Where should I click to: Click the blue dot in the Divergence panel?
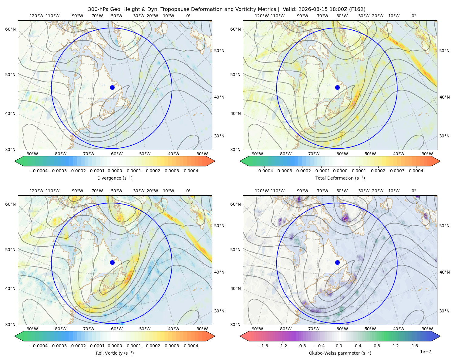tap(112, 88)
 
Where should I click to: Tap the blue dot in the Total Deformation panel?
tap(337, 88)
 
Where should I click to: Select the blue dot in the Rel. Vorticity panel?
tap(112, 262)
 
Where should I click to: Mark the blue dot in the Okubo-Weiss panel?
tap(337, 262)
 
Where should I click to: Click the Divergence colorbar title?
tap(115, 178)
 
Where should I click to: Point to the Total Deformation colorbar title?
tap(340, 178)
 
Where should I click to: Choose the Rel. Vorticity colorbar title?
tap(115, 353)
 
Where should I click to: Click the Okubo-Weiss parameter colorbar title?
tap(340, 353)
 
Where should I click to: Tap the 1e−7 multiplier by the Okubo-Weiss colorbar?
tap(425, 352)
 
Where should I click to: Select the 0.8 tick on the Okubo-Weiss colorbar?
tap(377, 346)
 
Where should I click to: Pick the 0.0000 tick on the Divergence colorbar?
tap(115, 171)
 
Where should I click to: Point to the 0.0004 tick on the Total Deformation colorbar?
tap(416, 171)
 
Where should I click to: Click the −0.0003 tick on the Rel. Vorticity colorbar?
tap(58, 346)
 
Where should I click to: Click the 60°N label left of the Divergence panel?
tap(10, 29)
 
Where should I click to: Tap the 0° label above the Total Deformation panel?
tap(413, 16)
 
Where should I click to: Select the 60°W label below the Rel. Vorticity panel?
tap(117, 329)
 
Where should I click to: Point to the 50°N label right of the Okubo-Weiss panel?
tap(444, 226)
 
